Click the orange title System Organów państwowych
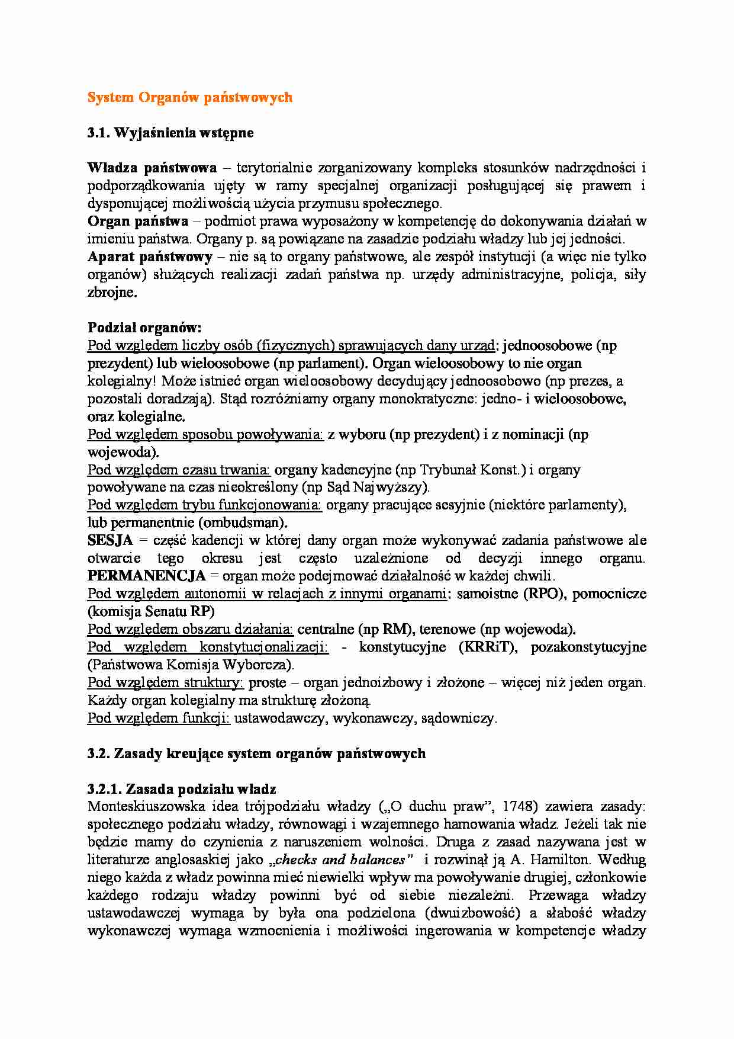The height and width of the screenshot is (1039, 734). click(189, 97)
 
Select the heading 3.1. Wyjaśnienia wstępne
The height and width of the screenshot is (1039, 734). click(170, 133)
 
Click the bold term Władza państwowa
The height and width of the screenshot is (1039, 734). click(152, 168)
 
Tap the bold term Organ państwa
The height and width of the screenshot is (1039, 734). click(138, 222)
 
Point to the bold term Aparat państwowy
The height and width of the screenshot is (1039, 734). click(150, 257)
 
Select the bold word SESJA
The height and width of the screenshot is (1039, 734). click(110, 541)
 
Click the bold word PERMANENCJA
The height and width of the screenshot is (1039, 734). click(146, 576)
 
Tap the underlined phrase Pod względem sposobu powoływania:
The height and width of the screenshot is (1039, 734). click(205, 434)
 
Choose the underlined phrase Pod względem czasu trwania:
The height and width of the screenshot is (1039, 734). click(179, 470)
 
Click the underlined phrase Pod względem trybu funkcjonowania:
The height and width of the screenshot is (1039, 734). click(205, 505)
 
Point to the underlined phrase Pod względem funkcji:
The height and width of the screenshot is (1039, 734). click(159, 719)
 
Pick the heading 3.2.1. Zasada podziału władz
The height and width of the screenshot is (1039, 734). click(182, 789)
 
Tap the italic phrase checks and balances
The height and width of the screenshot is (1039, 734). click(340, 860)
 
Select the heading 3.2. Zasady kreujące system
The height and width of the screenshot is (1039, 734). click(256, 753)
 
